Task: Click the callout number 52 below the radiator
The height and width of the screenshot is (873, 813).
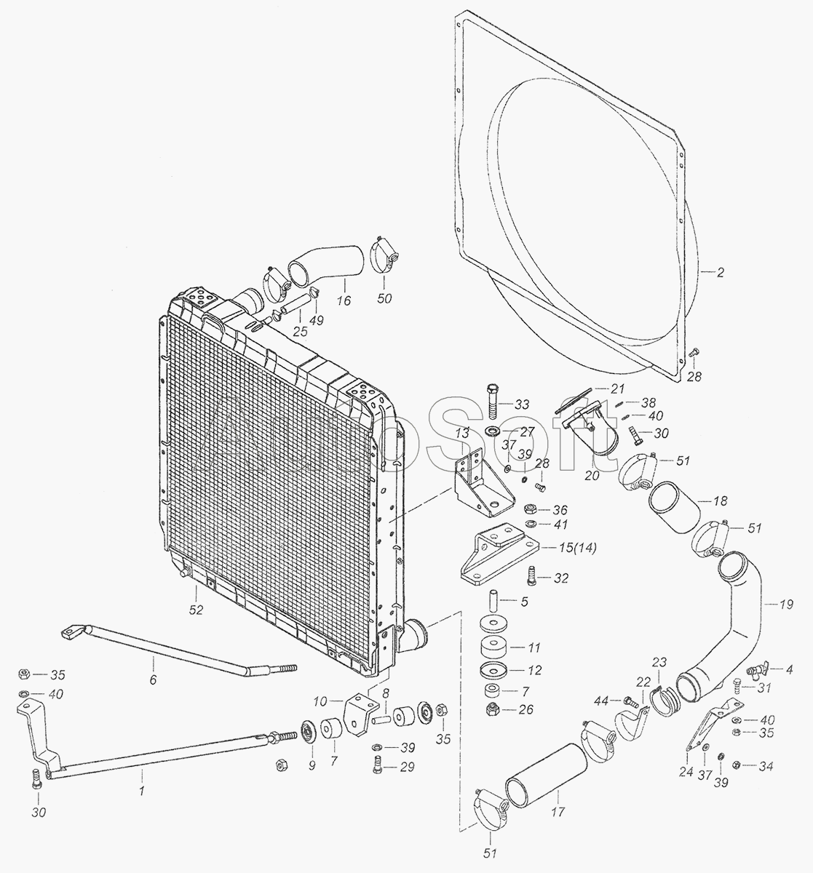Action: click(196, 610)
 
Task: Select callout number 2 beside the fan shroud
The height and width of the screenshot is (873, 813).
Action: click(720, 273)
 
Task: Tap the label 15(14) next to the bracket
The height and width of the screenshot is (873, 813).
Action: click(579, 548)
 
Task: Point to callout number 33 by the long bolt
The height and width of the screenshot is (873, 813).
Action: click(522, 404)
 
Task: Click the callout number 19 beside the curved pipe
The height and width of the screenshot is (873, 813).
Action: click(786, 605)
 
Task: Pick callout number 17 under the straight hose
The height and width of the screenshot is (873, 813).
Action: click(558, 812)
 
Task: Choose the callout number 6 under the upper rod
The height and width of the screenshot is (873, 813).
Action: click(153, 680)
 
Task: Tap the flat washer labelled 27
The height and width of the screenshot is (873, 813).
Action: click(491, 430)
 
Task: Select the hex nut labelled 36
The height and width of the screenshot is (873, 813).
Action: click(530, 509)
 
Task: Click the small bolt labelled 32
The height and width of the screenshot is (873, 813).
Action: click(531, 576)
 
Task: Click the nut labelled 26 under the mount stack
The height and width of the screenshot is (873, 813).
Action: click(491, 709)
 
